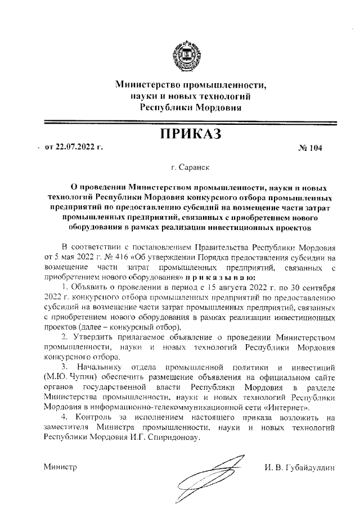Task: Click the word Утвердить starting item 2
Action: point(91,337)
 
